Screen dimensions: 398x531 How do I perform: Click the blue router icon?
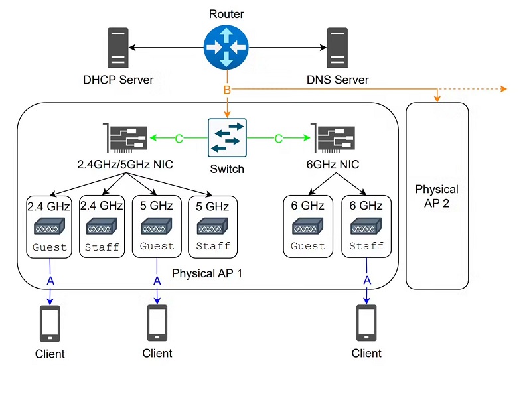tap(227, 47)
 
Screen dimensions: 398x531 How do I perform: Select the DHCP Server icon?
tap(117, 48)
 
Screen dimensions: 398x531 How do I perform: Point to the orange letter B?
tap(227, 90)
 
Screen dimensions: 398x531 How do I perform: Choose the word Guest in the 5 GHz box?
tap(157, 247)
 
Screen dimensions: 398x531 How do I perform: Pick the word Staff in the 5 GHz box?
tap(212, 247)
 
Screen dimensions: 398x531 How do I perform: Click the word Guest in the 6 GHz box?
tap(308, 247)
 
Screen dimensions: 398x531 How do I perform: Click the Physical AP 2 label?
tap(437, 196)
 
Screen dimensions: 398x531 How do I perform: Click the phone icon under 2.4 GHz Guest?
tap(50, 323)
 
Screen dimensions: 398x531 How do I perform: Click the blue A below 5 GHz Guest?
tap(157, 281)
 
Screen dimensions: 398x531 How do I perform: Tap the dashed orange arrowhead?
tap(504, 89)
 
